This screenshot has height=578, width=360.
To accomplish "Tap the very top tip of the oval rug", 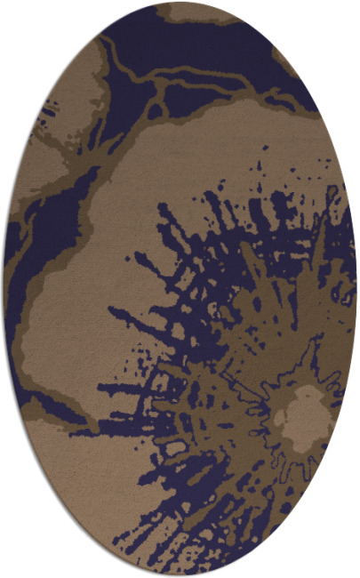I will click(180, 3).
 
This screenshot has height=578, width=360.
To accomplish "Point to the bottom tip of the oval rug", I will click(180, 575).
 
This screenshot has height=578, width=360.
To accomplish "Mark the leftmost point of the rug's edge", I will click(4, 289).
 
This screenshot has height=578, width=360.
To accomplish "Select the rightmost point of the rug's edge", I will click(356, 289).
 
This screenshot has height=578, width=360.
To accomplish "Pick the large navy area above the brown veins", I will click(196, 44).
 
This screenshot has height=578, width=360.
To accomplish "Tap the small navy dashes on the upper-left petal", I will click(44, 116).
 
